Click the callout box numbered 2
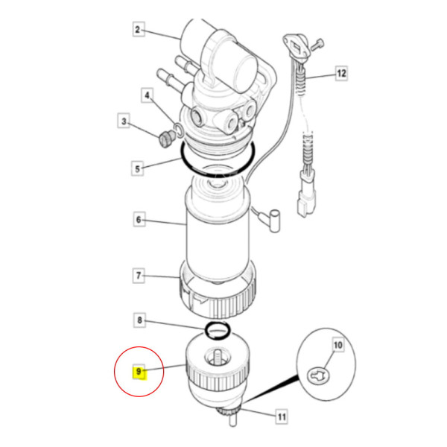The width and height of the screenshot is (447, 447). click(x=137, y=31)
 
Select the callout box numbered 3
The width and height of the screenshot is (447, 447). click(x=124, y=121)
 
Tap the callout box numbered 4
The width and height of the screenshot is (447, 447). click(x=148, y=96)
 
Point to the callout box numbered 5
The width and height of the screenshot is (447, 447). click(x=137, y=168)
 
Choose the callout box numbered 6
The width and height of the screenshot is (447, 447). click(x=137, y=220)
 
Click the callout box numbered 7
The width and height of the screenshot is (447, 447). click(x=137, y=276)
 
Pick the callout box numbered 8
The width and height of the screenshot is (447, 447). click(x=137, y=322)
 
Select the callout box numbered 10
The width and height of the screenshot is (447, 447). click(x=337, y=345)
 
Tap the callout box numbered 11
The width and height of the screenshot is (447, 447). click(x=281, y=418)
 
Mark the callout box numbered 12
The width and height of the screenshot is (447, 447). click(x=341, y=74)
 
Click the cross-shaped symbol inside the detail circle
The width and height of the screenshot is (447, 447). click(x=320, y=376)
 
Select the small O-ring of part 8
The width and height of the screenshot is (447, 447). click(x=218, y=329)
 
